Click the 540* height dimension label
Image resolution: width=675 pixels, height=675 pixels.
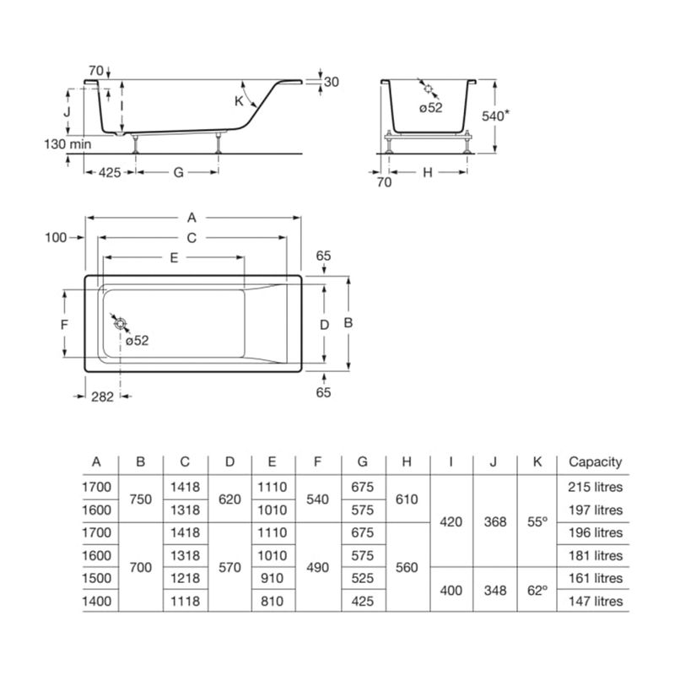(x=495, y=116)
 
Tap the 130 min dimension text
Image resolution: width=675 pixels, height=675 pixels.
(x=67, y=143)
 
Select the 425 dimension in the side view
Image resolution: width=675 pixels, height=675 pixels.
(x=110, y=173)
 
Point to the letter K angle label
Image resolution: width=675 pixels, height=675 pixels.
(x=239, y=101)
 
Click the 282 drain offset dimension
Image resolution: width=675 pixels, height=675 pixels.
(x=102, y=397)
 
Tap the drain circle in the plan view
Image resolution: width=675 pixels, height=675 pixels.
(x=120, y=323)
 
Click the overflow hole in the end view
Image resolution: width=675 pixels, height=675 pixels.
(x=429, y=89)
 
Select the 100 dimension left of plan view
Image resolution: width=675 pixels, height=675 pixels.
(x=56, y=237)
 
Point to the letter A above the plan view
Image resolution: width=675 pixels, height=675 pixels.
(x=192, y=218)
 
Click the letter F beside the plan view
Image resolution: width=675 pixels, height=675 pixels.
(x=65, y=324)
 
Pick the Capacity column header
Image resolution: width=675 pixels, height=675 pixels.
(x=596, y=462)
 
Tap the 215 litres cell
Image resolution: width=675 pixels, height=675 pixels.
(x=596, y=487)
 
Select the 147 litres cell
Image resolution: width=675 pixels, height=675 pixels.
(x=596, y=601)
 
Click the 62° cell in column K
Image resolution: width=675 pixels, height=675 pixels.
(x=537, y=590)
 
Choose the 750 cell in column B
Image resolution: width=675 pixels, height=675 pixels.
(x=141, y=499)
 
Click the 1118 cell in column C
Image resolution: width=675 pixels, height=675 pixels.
(x=185, y=601)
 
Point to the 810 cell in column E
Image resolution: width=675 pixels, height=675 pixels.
(x=272, y=601)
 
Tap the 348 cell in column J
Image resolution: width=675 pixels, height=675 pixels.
(x=495, y=590)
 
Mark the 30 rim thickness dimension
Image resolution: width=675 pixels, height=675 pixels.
(x=332, y=82)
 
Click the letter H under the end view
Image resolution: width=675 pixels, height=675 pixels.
(x=428, y=173)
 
